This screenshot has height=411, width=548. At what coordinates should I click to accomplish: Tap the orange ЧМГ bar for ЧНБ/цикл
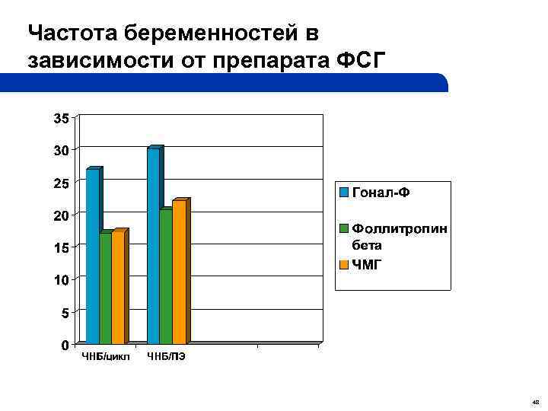click(118, 288)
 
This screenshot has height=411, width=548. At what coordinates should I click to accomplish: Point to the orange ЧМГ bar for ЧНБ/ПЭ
click(179, 272)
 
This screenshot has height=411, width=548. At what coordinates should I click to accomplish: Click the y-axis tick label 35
click(61, 118)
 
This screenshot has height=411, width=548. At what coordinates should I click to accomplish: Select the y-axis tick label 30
click(61, 151)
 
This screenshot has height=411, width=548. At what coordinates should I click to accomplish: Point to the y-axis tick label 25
click(61, 183)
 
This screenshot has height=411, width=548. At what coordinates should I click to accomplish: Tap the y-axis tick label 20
click(61, 216)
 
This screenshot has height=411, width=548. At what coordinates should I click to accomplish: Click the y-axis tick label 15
click(61, 248)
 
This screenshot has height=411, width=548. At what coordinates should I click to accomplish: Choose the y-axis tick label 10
click(61, 281)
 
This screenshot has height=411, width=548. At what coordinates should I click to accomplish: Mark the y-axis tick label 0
click(65, 346)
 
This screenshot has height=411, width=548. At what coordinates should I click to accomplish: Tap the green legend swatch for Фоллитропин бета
click(344, 228)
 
